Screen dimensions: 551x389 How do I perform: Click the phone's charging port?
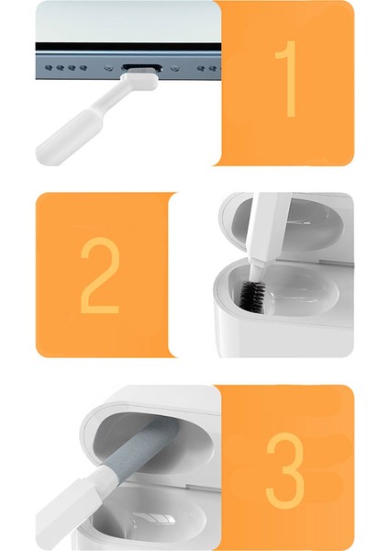139,67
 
